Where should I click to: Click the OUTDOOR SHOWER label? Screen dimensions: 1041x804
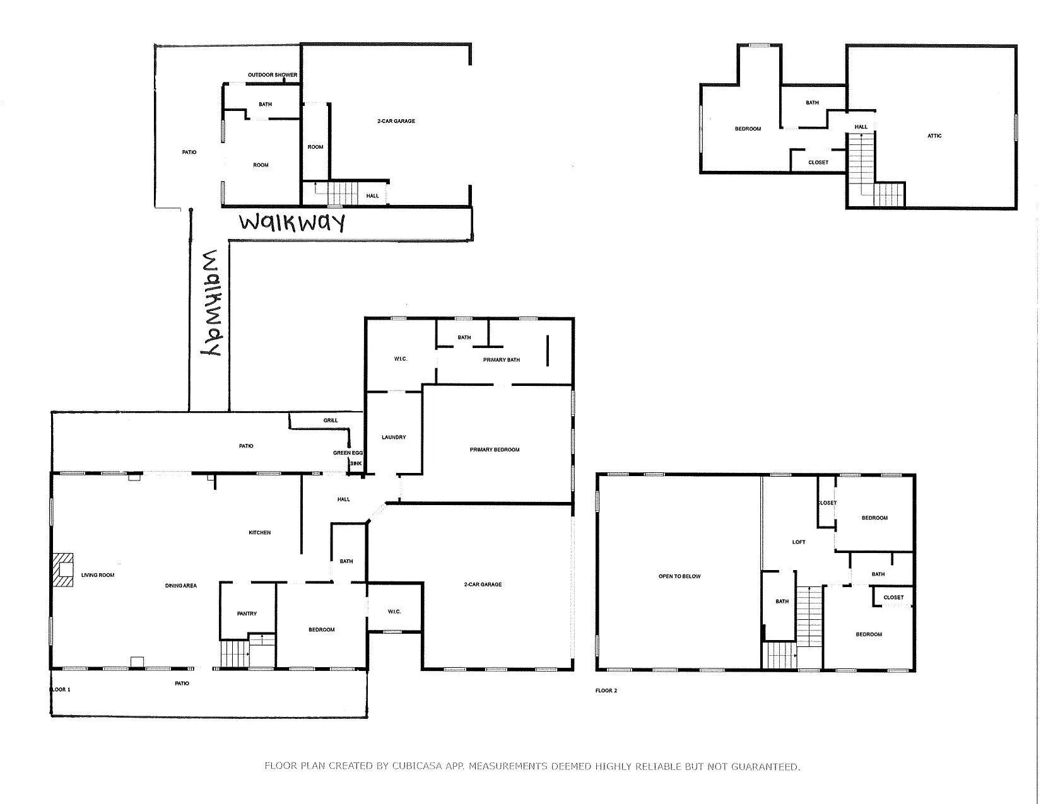272,74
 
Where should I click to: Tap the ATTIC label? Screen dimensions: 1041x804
934,136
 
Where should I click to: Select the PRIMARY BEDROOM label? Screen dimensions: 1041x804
495,449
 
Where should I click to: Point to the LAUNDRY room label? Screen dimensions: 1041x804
393,437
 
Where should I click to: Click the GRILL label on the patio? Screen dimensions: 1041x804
330,420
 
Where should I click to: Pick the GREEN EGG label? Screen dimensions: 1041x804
348,453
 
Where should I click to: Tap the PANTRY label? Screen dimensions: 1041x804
247,614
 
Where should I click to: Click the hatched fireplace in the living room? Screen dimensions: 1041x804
62,570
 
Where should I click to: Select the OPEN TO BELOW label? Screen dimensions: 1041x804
679,576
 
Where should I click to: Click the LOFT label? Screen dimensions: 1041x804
799,542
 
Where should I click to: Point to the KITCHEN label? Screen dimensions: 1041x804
260,532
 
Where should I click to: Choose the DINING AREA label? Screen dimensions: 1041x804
180,585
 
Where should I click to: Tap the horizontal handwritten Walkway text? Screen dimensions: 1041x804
292,223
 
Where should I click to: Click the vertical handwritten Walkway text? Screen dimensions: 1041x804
211,303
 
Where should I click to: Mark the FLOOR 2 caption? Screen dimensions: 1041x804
606,690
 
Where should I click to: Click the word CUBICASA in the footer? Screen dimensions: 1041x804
417,766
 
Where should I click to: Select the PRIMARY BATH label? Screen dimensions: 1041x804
501,359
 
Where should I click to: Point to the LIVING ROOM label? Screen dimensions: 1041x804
98,574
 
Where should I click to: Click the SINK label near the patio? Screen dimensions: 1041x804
356,463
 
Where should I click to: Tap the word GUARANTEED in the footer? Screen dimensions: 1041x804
765,767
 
